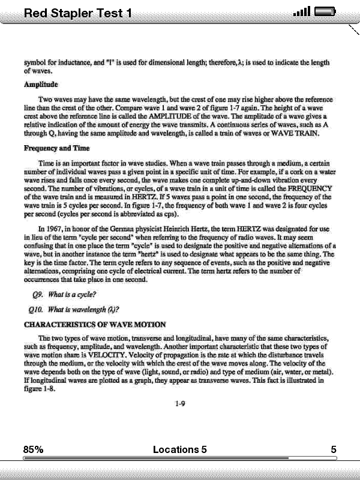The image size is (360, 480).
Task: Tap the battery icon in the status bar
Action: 325,11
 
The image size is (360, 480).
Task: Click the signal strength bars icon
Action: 302,11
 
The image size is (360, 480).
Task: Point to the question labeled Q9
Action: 65,295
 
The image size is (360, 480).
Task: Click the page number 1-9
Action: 179,404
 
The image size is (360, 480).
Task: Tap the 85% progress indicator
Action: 33,449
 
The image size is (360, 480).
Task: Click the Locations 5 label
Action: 179,449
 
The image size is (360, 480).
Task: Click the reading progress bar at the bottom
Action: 179,458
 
